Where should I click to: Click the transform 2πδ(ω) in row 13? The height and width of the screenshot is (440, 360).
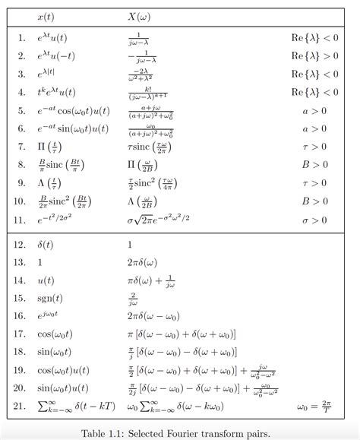click(142, 262)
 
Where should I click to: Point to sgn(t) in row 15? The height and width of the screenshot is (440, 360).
click(50, 298)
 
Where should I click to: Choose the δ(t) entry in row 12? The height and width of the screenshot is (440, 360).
click(46, 245)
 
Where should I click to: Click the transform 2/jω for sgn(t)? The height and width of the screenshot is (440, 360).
click(134, 298)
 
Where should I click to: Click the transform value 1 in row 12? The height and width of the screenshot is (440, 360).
click(130, 245)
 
